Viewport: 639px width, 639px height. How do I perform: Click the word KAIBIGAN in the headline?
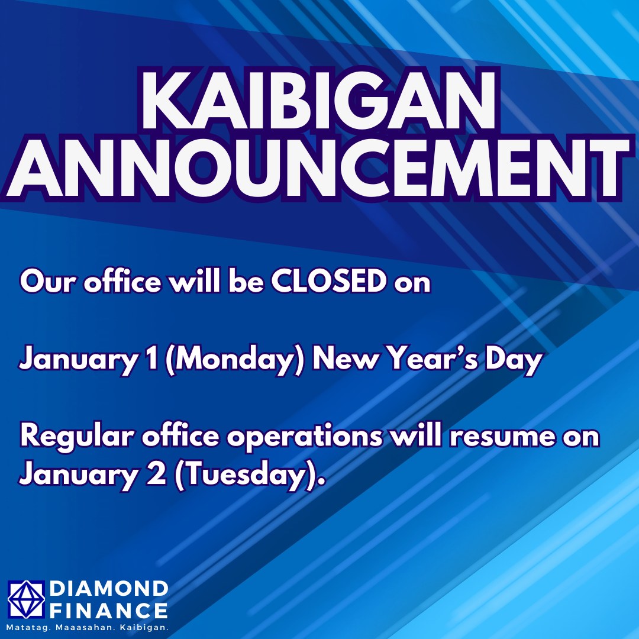pyautogui.click(x=319, y=100)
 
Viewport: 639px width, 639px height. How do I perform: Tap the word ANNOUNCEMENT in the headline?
pyautogui.click(x=319, y=169)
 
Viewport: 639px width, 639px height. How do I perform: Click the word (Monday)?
pyautogui.click(x=235, y=360)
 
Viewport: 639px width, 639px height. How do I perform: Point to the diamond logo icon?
pyautogui.click(x=26, y=600)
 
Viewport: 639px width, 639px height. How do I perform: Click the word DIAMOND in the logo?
pyautogui.click(x=109, y=589)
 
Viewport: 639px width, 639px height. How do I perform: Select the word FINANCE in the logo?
pyautogui.click(x=109, y=611)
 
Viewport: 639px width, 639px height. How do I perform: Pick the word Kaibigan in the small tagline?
pyautogui.click(x=145, y=628)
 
